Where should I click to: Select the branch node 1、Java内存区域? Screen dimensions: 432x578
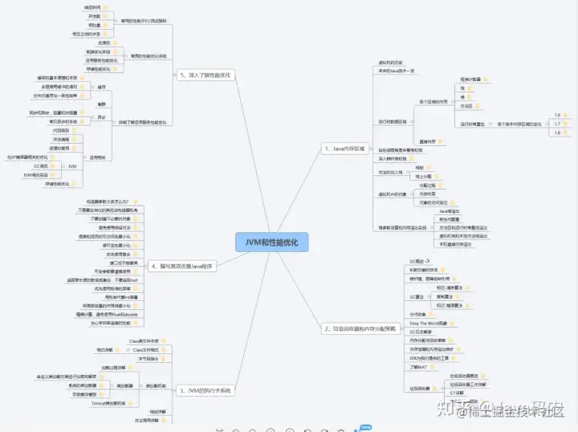point(344,149)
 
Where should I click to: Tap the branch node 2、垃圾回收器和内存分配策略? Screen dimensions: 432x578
point(359,328)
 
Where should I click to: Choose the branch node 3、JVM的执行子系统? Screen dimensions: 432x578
point(205,390)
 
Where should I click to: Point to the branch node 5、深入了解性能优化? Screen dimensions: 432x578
point(204,75)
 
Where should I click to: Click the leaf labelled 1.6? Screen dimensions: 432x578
point(557,115)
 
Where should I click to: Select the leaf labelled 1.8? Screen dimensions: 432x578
point(557,132)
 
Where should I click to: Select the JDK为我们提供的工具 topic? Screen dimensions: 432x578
point(432,357)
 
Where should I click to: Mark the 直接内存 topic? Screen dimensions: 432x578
point(427,141)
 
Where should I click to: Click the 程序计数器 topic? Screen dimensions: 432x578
point(470,79)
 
